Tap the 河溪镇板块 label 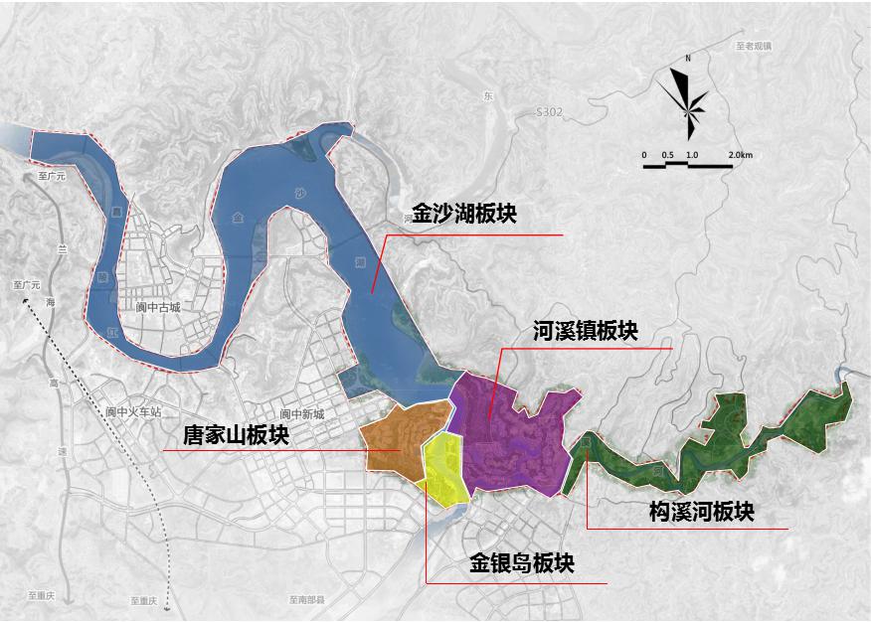pyautogui.click(x=586, y=331)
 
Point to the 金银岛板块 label pyautogui.click(x=522, y=563)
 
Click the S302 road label pyautogui.click(x=549, y=113)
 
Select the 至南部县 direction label pyautogui.click(x=307, y=600)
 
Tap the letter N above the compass pyautogui.click(x=688, y=60)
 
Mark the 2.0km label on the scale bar pyautogui.click(x=740, y=156)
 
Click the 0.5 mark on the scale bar pyautogui.click(x=667, y=156)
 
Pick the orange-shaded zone pyautogui.click(x=393, y=437)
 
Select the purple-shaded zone pyautogui.click(x=512, y=437)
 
